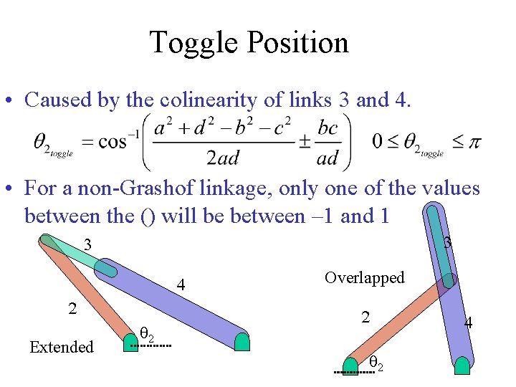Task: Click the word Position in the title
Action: point(299,43)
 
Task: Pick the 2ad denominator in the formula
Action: point(222,157)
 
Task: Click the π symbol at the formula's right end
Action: point(474,142)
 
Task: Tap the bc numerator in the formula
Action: point(327,128)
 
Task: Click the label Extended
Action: point(62,348)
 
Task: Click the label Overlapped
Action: point(364,277)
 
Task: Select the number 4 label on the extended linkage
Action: point(182,286)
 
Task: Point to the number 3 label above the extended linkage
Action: point(87,245)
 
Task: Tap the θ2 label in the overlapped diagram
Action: point(376,365)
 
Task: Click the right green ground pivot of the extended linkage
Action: point(242,341)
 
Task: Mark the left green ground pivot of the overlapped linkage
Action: point(350,365)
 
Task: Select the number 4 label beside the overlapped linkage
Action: point(469,322)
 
